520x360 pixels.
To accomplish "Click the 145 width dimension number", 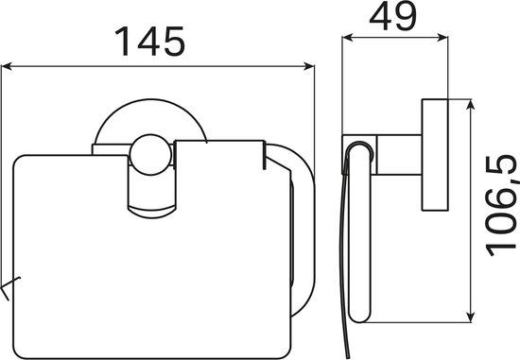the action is tap(150, 42).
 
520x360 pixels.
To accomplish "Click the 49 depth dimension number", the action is tap(392, 16).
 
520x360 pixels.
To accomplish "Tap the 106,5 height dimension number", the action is tap(501, 206).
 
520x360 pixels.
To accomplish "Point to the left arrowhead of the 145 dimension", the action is tap(7, 67).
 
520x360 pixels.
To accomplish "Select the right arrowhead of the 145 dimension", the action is tap(309, 67).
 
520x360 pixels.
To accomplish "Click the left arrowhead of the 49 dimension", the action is tap(347, 38).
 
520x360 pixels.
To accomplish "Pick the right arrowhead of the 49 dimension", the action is tap(442, 38).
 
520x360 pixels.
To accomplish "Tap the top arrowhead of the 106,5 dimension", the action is tap(470, 105).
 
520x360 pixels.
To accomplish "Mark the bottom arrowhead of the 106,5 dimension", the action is tap(470, 317).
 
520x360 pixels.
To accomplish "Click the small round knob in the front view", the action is tap(151, 155).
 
